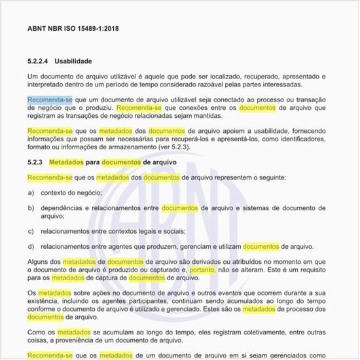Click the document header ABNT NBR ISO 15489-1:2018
point(73,29)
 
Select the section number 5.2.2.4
point(39,61)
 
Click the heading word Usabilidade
point(73,61)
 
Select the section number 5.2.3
point(35,162)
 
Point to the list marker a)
point(31,193)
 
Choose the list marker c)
point(31,231)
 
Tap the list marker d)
point(31,247)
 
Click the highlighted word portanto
point(202,270)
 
